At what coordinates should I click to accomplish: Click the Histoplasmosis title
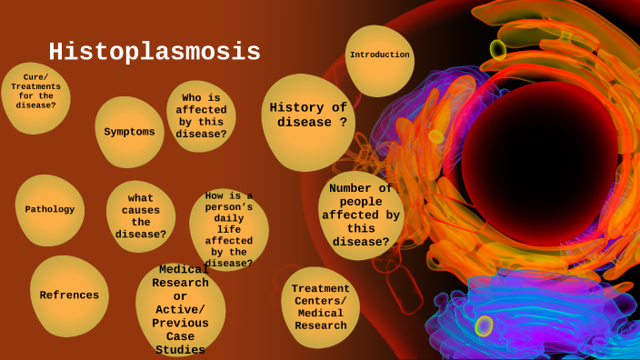click(155, 53)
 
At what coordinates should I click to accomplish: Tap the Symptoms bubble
click(129, 132)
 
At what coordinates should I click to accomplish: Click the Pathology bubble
click(50, 210)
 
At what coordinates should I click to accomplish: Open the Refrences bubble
click(69, 295)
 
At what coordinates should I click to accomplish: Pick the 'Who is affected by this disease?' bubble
click(201, 115)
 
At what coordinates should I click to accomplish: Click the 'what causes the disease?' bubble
click(140, 215)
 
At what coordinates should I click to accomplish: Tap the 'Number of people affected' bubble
click(361, 215)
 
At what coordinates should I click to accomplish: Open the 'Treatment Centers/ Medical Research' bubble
click(320, 307)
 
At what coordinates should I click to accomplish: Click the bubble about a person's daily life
click(229, 229)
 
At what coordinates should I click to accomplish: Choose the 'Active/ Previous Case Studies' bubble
click(180, 310)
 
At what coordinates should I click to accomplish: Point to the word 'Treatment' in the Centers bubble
click(320, 289)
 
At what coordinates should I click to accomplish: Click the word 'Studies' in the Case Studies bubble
click(180, 350)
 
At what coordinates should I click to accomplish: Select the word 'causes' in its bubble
click(141, 210)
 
